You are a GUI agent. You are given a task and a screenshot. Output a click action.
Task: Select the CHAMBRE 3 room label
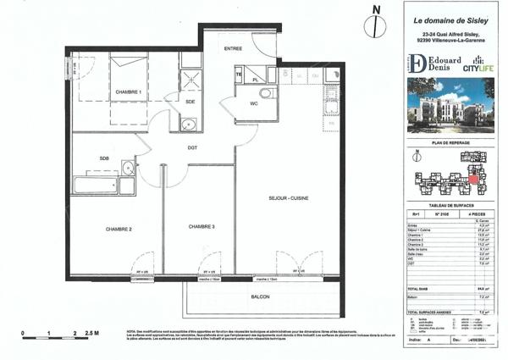coord(202,226)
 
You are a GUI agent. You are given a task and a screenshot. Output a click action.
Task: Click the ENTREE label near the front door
coord(233,49)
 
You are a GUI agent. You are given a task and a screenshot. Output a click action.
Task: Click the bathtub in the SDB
coord(95,184)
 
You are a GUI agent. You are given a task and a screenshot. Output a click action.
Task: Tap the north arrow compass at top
coord(370,24)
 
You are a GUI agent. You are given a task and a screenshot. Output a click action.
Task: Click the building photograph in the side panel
coord(449,106)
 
